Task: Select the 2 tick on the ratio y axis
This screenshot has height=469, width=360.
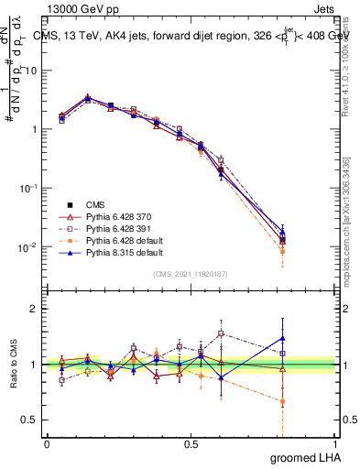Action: pyautogui.click(x=35, y=309)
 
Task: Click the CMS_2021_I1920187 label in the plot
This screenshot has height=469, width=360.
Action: pyautogui.click(x=190, y=273)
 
